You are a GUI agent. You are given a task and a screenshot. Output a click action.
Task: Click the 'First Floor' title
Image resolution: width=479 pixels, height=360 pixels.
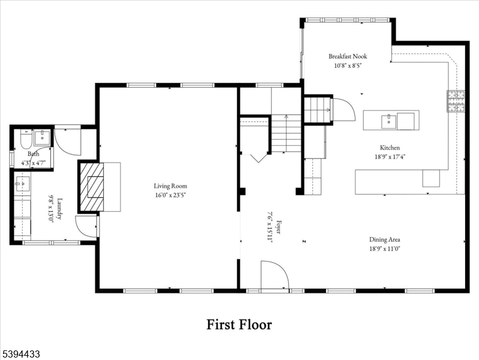tap(239, 325)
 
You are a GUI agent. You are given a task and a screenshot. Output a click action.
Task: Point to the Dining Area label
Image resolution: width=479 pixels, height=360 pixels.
tap(385, 239)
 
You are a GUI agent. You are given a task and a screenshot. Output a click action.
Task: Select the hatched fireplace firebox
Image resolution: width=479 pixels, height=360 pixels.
tap(92, 187)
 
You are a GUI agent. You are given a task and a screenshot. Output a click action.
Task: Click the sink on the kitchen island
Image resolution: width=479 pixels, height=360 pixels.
tap(389, 121)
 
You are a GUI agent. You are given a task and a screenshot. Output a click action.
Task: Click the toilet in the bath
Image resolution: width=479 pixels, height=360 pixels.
tap(25, 140)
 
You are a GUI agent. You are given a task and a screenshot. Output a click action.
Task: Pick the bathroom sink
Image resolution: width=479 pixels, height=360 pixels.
tap(43, 137)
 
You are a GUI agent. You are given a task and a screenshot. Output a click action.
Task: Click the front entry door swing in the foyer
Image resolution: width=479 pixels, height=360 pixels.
tap(275, 276)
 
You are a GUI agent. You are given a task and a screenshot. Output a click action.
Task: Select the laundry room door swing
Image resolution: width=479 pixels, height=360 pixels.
tap(86, 227)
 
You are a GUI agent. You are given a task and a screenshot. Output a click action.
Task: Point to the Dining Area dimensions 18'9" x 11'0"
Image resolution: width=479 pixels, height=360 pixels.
tap(385, 248)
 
